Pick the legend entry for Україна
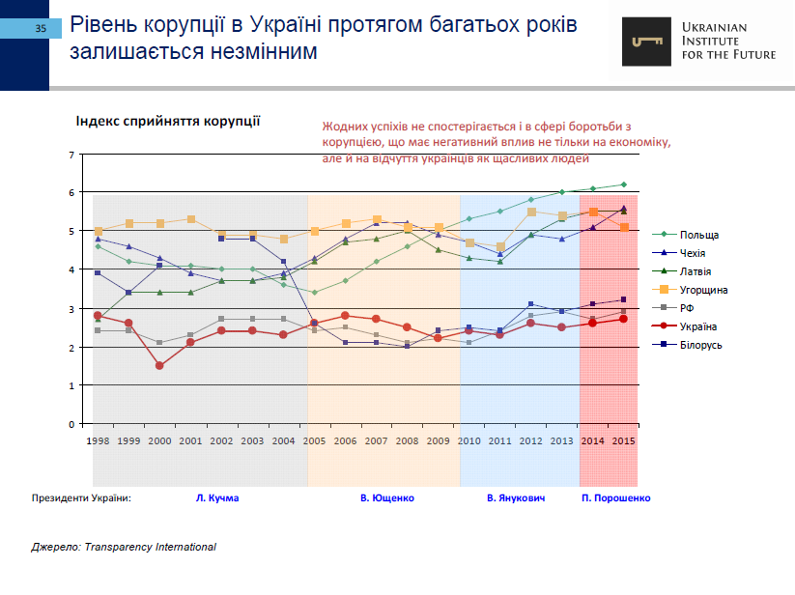click(697, 326)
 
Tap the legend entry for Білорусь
click(700, 345)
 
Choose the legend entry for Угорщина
click(703, 290)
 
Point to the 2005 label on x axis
click(315, 440)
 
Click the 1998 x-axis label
click(98, 440)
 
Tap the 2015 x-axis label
click(624, 440)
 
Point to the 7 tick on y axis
click(71, 155)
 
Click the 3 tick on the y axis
click(71, 308)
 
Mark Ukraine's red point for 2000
click(159, 366)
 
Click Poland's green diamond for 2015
click(624, 184)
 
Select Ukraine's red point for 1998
click(98, 316)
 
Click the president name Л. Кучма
click(216, 498)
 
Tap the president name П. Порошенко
click(616, 498)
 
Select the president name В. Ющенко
click(386, 498)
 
